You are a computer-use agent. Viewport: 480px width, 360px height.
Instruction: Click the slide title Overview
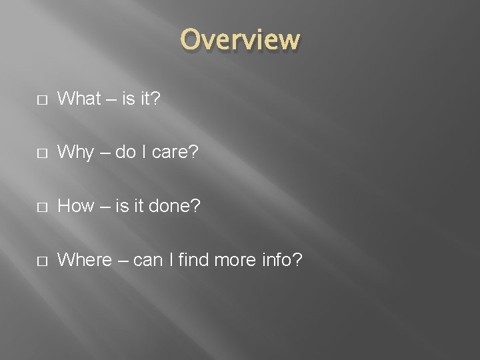240,40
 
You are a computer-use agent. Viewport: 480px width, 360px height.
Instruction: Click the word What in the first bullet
79,99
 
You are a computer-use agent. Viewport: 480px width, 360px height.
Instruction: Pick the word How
76,206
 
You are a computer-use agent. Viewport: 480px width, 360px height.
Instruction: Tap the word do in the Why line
124,153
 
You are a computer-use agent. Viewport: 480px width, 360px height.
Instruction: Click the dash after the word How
103,207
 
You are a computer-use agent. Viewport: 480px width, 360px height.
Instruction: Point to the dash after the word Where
121,260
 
